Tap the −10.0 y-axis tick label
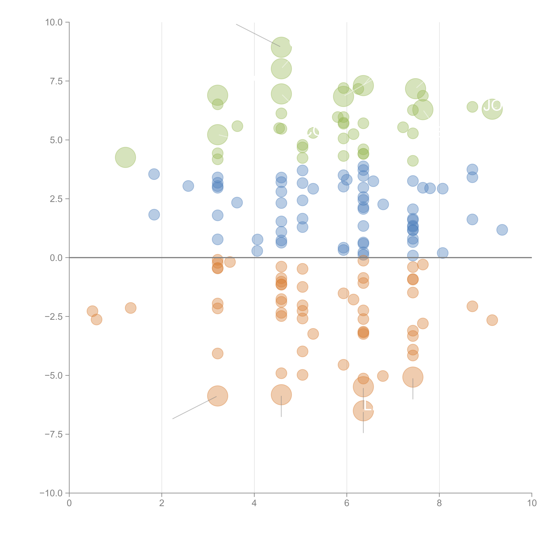click(51, 493)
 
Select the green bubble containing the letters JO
click(492, 109)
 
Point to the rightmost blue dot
click(502, 230)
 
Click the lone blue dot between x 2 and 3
click(188, 186)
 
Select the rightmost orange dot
click(492, 320)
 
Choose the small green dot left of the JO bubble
click(472, 107)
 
